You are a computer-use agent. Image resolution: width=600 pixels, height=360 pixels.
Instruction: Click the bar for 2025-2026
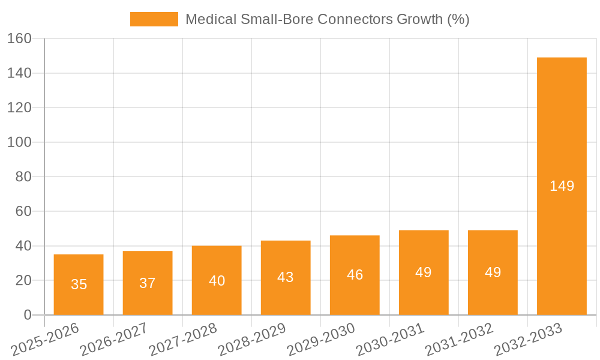(79, 285)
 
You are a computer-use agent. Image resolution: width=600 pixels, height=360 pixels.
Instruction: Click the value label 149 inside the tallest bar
(562, 186)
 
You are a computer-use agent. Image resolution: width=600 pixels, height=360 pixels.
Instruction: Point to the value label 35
(79, 284)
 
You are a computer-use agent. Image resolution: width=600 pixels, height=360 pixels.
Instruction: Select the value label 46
(355, 275)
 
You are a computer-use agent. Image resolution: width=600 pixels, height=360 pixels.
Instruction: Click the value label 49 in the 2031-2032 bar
(493, 272)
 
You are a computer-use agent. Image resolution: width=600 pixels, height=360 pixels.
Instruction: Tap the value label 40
(217, 280)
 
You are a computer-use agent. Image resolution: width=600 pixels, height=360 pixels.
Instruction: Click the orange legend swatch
(154, 19)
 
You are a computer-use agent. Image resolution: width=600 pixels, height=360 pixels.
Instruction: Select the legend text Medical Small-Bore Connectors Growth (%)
(327, 19)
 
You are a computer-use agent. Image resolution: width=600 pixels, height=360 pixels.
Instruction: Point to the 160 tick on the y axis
(19, 38)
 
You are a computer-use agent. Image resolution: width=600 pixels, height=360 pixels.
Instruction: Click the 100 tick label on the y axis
(19, 142)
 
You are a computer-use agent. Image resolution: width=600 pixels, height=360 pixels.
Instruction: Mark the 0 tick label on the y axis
(27, 315)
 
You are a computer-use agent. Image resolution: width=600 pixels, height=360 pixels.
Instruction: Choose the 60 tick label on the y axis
(23, 211)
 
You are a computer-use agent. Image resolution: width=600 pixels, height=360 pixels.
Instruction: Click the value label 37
(148, 283)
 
